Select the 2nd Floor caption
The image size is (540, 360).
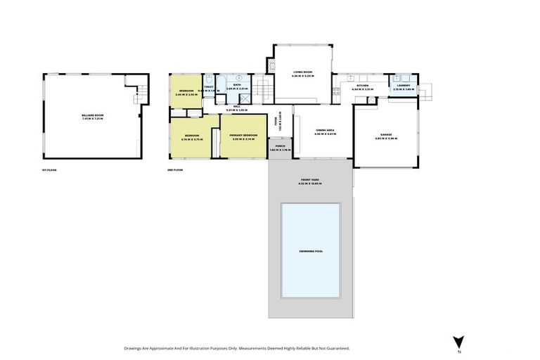[174, 169]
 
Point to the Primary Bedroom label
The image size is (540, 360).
[243, 136]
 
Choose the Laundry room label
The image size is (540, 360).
[403, 86]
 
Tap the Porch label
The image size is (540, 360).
[280, 148]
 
